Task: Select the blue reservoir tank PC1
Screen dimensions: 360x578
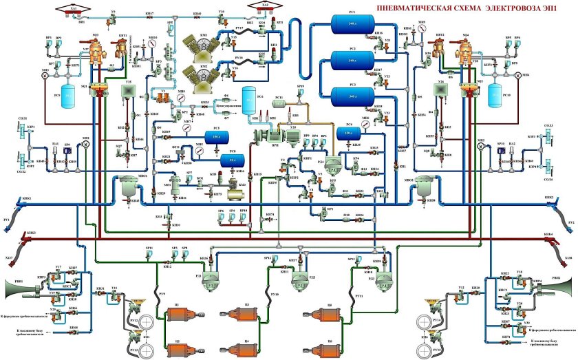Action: tap(352, 25)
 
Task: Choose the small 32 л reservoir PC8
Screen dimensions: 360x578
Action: tap(232, 160)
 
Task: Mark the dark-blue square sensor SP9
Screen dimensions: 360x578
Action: tap(67, 153)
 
